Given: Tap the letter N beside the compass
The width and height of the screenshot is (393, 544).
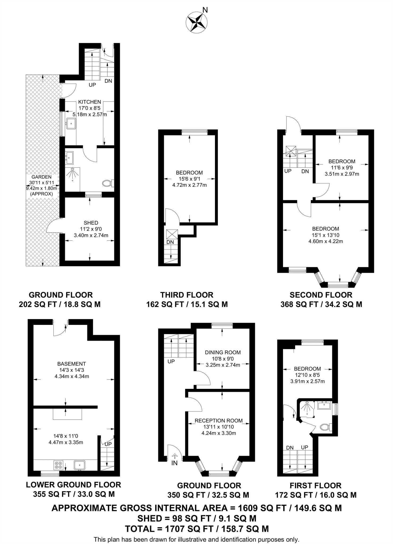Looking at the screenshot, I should (205, 10).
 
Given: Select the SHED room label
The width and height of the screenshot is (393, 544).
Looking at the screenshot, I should (91, 223).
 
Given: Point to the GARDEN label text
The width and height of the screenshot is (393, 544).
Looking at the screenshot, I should (42, 177).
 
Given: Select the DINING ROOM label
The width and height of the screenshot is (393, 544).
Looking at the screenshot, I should (223, 352).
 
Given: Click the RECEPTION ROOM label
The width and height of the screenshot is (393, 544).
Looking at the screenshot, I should (219, 421).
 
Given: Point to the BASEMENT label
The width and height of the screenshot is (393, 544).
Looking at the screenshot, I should (72, 364).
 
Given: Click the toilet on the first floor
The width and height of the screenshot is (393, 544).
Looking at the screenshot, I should (325, 427).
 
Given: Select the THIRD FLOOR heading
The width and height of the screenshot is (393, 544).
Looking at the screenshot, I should (187, 295).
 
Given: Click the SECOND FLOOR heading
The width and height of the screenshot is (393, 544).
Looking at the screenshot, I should (321, 295).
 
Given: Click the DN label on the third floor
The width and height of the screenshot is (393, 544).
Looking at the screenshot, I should (170, 242).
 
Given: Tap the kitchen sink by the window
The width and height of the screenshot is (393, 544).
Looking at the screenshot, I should (71, 124).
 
